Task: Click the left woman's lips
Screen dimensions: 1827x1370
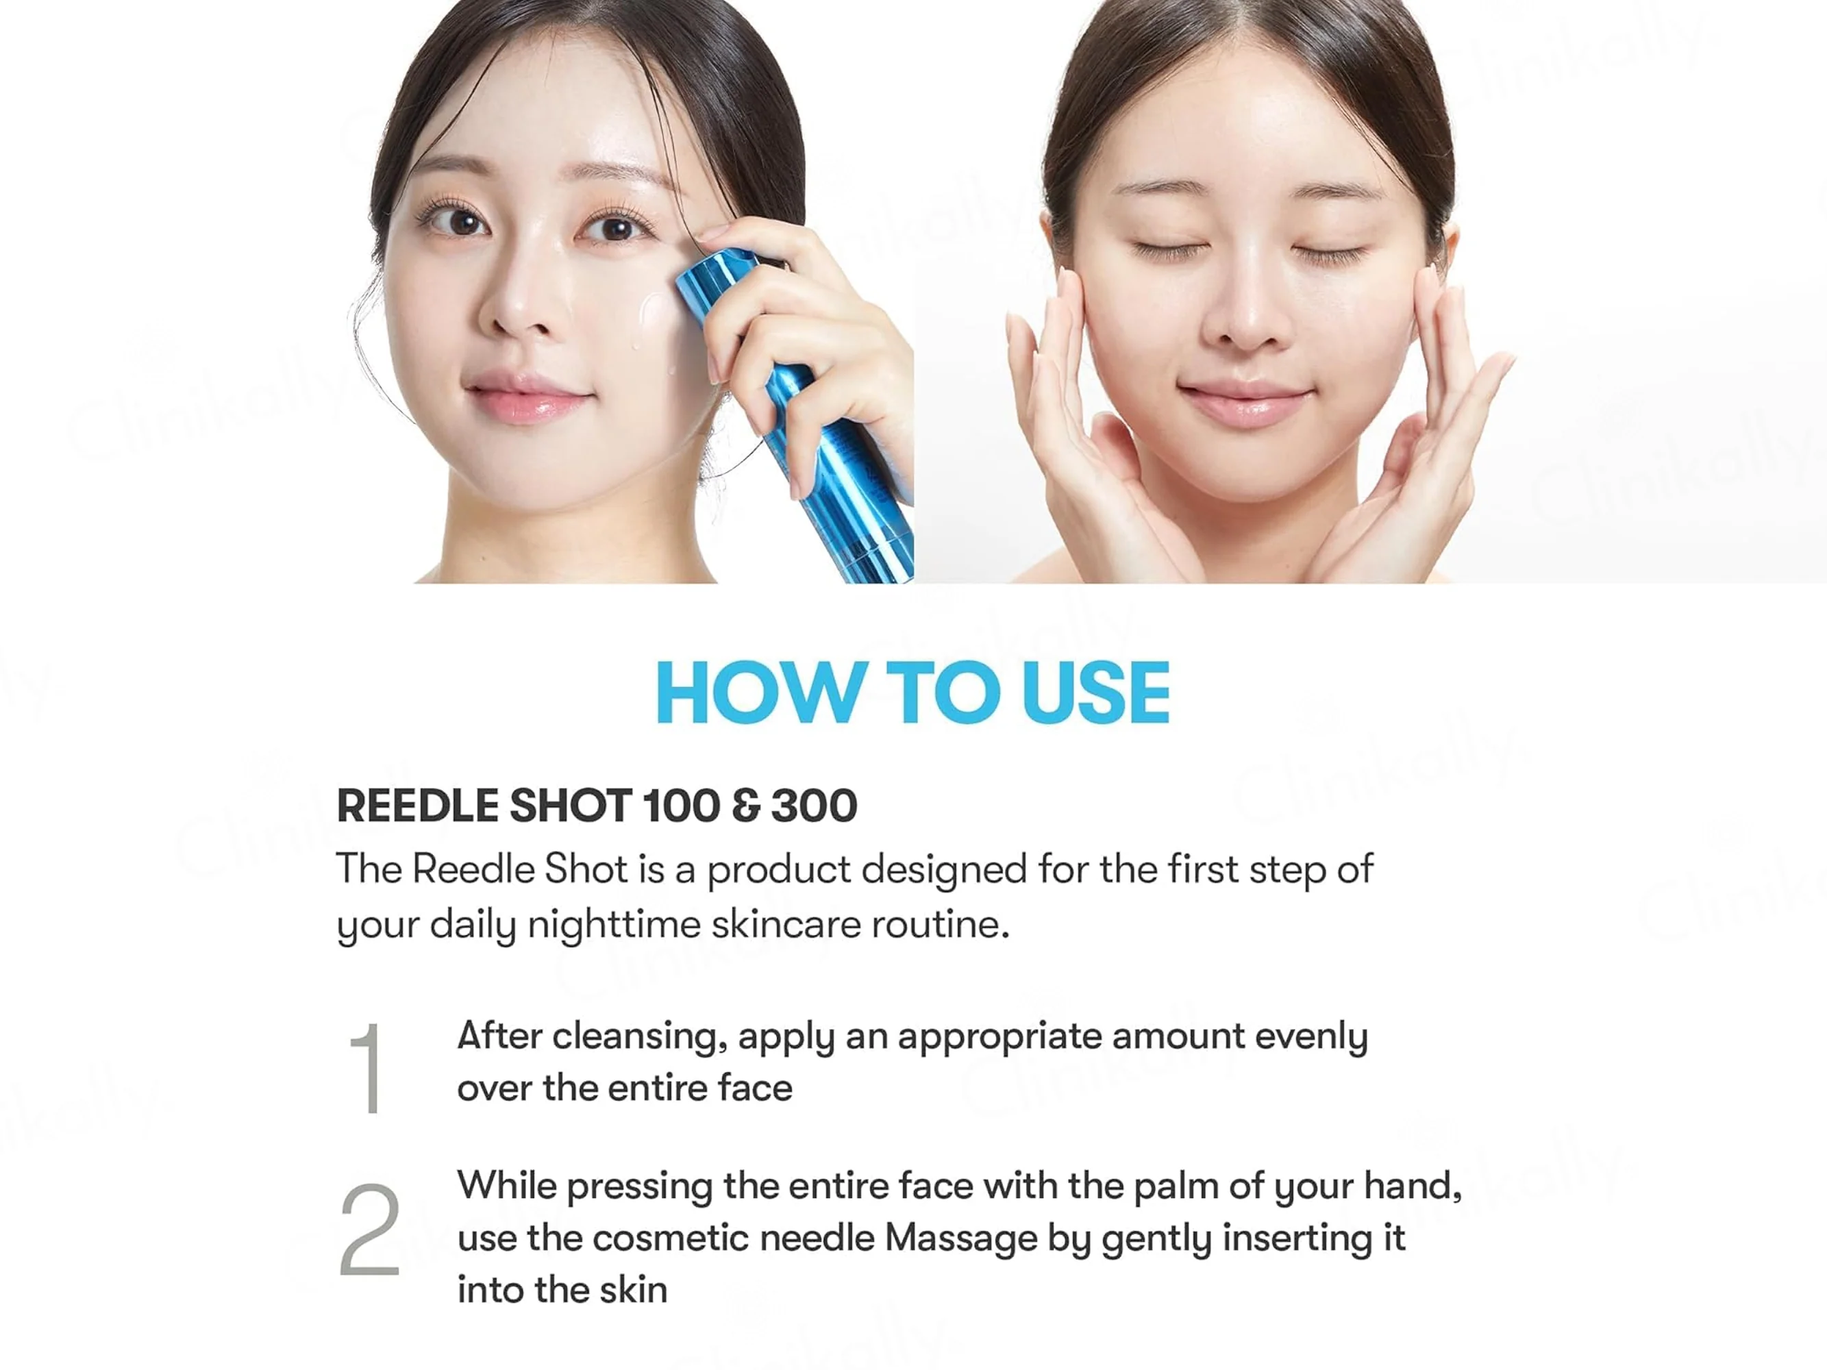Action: pyautogui.click(x=529, y=399)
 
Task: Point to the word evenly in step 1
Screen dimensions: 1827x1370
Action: pyautogui.click(x=1312, y=1037)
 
